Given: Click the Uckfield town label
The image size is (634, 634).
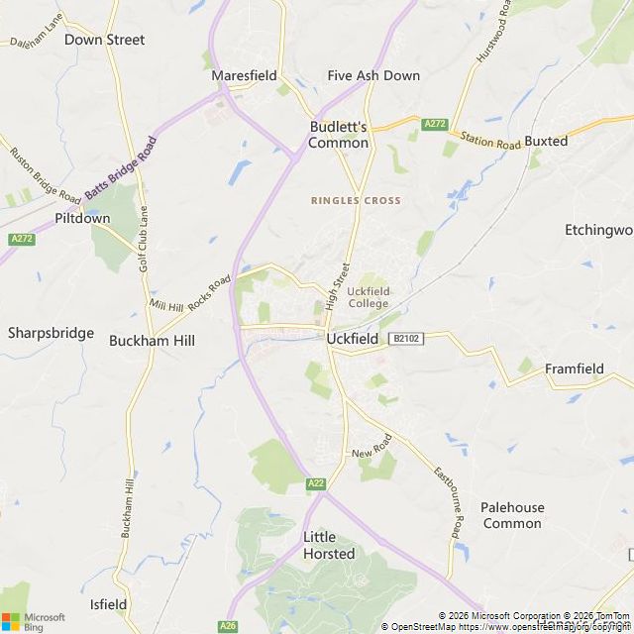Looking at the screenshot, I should (x=353, y=339).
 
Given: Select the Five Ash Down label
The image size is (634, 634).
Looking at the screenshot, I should (x=373, y=75).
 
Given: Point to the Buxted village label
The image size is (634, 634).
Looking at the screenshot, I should (x=546, y=141).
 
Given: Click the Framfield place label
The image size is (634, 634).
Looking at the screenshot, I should (x=574, y=369).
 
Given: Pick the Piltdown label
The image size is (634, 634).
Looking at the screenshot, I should (x=82, y=218).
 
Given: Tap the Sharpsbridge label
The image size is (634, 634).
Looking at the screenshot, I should (x=51, y=332).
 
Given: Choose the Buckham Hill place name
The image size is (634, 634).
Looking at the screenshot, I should (x=152, y=340).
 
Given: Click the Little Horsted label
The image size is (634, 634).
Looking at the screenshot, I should (x=328, y=545).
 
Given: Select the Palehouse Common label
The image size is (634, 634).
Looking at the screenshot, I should (x=512, y=515).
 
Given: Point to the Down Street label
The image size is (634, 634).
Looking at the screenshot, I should (x=104, y=40).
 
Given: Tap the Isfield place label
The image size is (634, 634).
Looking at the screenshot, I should (x=108, y=603).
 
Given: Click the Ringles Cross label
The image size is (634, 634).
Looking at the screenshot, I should (x=356, y=200).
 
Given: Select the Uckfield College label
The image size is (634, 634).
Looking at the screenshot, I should (x=369, y=297).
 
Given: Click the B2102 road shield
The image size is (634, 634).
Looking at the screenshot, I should (x=405, y=339).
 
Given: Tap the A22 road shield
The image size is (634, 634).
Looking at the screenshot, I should (x=316, y=482).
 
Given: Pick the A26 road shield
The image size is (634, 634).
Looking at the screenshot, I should (x=228, y=625).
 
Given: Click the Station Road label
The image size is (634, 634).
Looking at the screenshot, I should (x=489, y=144).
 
